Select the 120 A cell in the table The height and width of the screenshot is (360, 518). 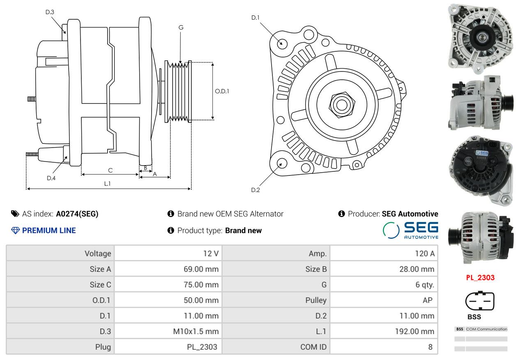[x=425, y=254]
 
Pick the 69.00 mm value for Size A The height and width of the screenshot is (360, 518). [x=201, y=269]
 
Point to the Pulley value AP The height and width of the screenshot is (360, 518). [x=427, y=300]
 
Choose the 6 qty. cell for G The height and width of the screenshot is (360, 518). [x=425, y=284]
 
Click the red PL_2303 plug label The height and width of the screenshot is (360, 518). [x=480, y=278]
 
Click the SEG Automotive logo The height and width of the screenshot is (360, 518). [x=410, y=230]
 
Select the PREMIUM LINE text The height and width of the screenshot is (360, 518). [x=48, y=231]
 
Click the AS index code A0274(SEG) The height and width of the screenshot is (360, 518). [x=77, y=214]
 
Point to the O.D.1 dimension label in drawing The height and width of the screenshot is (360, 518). [x=222, y=91]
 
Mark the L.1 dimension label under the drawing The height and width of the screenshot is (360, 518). [x=107, y=184]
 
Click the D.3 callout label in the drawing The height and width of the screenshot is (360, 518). [x=50, y=12]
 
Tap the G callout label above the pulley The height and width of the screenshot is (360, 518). [x=181, y=28]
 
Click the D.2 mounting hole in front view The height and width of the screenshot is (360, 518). [x=281, y=164]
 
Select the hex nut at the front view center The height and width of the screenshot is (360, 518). [x=341, y=104]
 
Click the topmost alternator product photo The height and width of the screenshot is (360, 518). [x=479, y=36]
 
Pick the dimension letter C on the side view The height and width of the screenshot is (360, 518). [x=110, y=170]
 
